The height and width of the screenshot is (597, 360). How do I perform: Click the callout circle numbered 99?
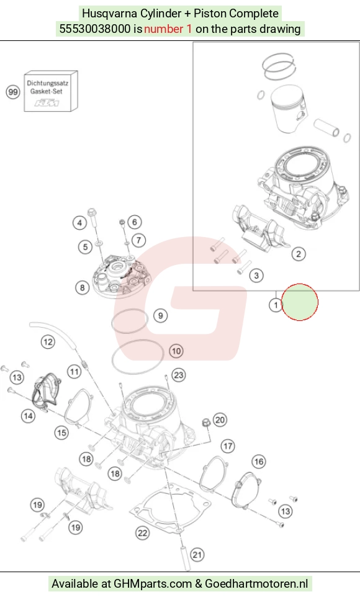pyautogui.click(x=13, y=92)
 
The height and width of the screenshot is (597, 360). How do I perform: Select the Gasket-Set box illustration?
pyautogui.click(x=51, y=91)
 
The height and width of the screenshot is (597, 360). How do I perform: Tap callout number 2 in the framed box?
pyautogui.click(x=299, y=254)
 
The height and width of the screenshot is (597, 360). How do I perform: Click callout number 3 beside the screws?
pyautogui.click(x=256, y=276)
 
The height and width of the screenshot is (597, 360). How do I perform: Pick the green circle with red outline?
pyautogui.click(x=299, y=302)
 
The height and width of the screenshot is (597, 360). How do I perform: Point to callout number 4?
pyautogui.click(x=79, y=223)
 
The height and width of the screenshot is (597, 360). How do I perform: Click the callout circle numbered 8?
pyautogui.click(x=83, y=287)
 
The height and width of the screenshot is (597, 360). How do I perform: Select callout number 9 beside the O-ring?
pyautogui.click(x=160, y=316)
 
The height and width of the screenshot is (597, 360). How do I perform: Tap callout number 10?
pyautogui.click(x=176, y=351)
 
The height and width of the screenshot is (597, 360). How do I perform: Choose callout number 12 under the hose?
pyautogui.click(x=48, y=342)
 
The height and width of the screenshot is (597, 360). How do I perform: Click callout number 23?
pyautogui.click(x=178, y=375)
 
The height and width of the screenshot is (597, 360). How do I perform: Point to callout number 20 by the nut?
pyautogui.click(x=220, y=420)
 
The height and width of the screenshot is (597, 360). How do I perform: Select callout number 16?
pyautogui.click(x=259, y=462)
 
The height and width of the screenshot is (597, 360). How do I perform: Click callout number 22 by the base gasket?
pyautogui.click(x=143, y=533)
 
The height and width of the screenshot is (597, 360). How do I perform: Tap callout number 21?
pyautogui.click(x=197, y=555)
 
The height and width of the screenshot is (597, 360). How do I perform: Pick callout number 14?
pyautogui.click(x=28, y=416)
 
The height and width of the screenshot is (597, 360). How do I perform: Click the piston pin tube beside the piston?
pyautogui.click(x=326, y=128)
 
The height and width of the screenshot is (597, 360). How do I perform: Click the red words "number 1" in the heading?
pyautogui.click(x=168, y=29)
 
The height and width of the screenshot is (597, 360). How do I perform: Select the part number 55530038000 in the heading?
pyautogui.click(x=95, y=29)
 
